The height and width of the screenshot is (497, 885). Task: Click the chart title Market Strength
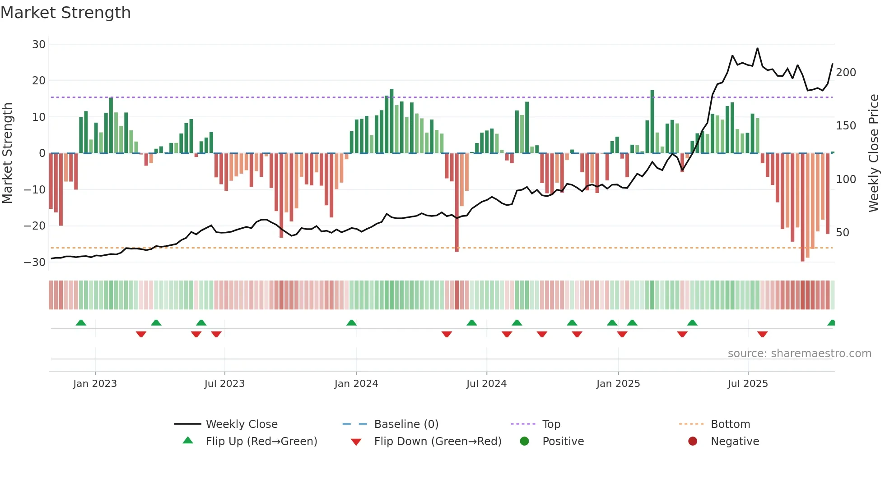[65, 13]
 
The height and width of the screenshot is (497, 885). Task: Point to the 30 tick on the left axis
[39, 44]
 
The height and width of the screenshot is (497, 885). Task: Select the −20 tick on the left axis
[35, 225]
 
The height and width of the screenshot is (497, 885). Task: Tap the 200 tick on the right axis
[846, 73]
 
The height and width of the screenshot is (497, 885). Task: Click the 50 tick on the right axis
[843, 232]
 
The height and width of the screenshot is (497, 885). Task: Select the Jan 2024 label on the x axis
[356, 384]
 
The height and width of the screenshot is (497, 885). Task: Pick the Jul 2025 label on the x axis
[748, 384]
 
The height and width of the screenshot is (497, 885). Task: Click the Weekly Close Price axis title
[874, 153]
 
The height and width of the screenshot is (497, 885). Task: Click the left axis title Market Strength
[8, 153]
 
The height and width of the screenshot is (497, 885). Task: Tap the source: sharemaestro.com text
[799, 354]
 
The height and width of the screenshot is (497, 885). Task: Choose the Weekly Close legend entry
[242, 424]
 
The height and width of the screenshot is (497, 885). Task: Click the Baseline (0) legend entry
[406, 424]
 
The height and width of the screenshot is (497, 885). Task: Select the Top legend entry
[551, 424]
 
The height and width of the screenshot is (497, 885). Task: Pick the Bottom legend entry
[730, 424]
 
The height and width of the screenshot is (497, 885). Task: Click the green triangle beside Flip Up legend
[188, 441]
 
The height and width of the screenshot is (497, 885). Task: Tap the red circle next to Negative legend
[693, 441]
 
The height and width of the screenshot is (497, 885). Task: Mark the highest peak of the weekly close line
[757, 48]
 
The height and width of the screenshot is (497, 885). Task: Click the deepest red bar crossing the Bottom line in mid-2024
[457, 203]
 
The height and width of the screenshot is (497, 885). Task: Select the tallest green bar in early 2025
[652, 122]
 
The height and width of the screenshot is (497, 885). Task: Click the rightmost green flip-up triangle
[831, 323]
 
